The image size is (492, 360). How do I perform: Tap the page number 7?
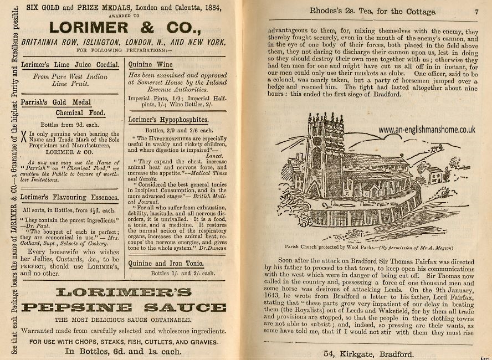click(x=476, y=11)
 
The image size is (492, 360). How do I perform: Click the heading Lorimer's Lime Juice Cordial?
click(x=70, y=65)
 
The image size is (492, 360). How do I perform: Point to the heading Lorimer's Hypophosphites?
click(x=168, y=119)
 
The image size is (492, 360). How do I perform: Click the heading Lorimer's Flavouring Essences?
click(x=70, y=197)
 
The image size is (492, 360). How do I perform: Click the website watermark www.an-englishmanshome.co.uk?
click(x=427, y=130)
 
